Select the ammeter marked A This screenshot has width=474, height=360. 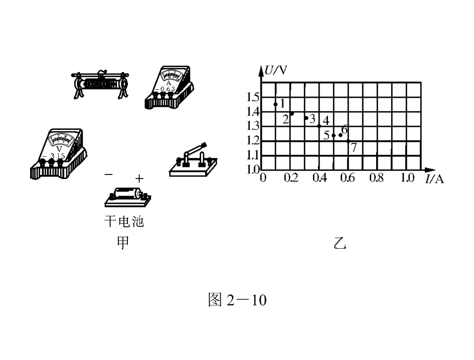(x=170, y=87)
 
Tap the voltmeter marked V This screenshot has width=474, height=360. (x=59, y=154)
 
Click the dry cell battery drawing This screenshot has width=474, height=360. (x=127, y=197)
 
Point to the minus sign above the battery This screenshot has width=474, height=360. (x=108, y=174)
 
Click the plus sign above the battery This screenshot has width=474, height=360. (x=139, y=179)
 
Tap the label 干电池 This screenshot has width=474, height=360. (x=124, y=222)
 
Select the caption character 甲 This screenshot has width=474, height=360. (x=123, y=242)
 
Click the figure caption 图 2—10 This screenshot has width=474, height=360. (x=237, y=300)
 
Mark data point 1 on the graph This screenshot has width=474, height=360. (x=275, y=104)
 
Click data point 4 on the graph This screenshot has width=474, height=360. (x=319, y=126)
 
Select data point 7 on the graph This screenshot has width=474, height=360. (x=348, y=141)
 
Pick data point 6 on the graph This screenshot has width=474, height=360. (x=341, y=135)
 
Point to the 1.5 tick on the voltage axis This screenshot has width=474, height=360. (x=253, y=97)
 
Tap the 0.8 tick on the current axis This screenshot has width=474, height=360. (x=376, y=177)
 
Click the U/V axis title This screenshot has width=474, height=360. (x=275, y=70)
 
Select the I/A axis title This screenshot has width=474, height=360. (x=434, y=179)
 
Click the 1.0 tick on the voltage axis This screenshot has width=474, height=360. (x=253, y=169)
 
